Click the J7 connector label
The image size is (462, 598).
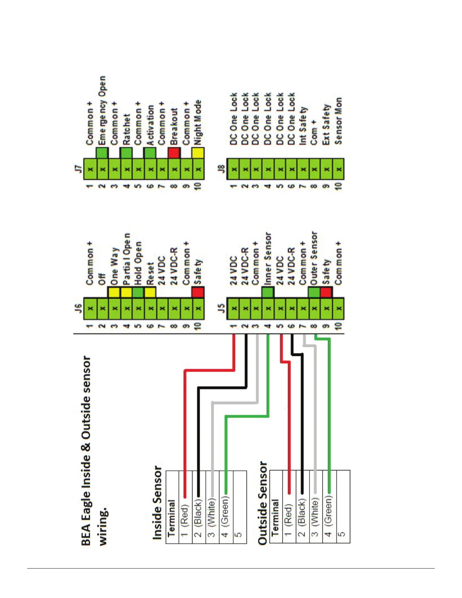(x=78, y=168)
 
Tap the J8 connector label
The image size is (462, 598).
(x=222, y=168)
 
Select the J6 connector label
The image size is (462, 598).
(x=78, y=308)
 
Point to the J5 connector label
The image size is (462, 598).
(x=222, y=308)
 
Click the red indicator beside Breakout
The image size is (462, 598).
(x=174, y=153)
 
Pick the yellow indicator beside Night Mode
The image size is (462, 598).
(x=198, y=153)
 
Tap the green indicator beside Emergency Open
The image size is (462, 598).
(x=102, y=153)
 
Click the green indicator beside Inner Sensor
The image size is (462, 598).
(x=268, y=292)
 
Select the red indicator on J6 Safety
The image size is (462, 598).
(x=198, y=292)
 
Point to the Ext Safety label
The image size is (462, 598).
(x=326, y=125)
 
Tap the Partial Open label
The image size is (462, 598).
(x=126, y=259)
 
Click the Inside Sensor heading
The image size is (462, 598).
(x=157, y=502)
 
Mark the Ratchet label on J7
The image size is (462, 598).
(x=126, y=129)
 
